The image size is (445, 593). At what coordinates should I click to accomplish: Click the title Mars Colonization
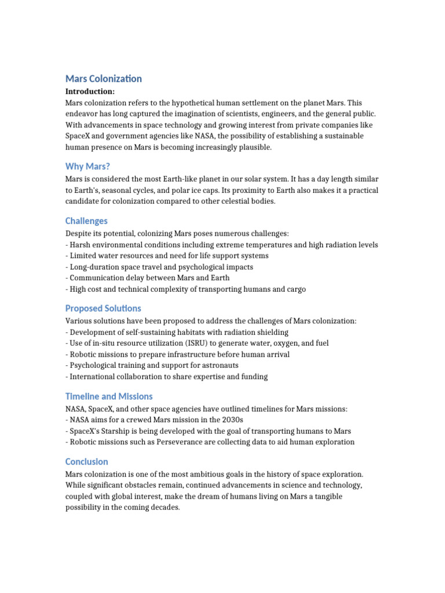pos(104,79)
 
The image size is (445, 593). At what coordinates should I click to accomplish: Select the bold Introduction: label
pos(90,91)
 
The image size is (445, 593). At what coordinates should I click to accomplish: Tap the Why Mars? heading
pos(87,167)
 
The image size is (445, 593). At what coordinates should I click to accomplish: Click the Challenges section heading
pos(86,221)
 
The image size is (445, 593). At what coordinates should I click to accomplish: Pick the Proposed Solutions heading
pos(103,308)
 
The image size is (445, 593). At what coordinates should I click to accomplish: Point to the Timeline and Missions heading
pos(109,396)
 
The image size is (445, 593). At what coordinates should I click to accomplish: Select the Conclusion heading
pos(87,462)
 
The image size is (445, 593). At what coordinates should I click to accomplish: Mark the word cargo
pos(294,290)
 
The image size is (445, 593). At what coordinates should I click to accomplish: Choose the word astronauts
pos(217,365)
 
